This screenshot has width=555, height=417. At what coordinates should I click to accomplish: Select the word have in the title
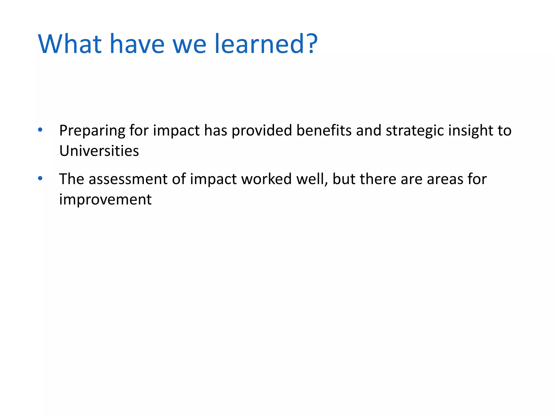coord(137,44)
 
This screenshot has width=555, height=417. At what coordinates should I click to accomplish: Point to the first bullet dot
coord(40,130)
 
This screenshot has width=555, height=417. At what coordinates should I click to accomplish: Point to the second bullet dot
coord(40,179)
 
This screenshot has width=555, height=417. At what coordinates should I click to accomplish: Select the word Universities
coord(99,151)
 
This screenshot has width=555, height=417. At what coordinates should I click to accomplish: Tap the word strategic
coord(415,131)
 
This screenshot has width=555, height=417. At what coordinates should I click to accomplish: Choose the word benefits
coord(324,130)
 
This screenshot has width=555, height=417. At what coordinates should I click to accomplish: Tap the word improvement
coord(105,200)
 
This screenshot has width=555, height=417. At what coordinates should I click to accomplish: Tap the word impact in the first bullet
coord(176,131)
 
